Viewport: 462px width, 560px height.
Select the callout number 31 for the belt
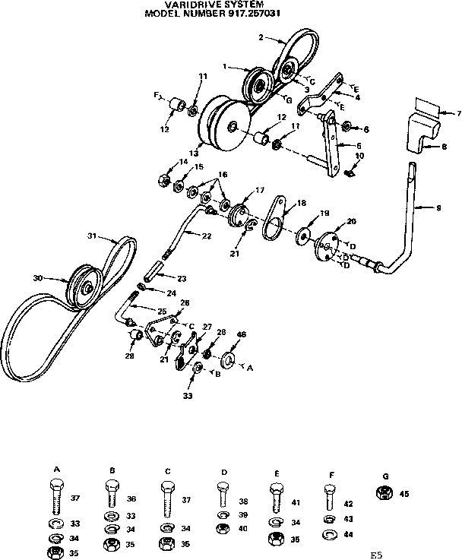coord(92,236)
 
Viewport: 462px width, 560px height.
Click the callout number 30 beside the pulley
coord(38,278)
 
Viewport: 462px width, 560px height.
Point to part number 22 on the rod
coord(207,236)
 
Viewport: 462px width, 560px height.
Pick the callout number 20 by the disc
coord(351,221)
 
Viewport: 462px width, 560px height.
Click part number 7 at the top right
coord(459,113)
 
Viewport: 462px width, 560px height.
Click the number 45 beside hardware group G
coord(404,493)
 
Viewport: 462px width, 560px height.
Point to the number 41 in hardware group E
coord(296,503)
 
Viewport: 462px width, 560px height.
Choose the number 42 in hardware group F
coord(349,503)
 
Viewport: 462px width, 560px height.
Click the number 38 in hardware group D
coord(242,501)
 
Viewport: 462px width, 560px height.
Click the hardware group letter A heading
coord(57,471)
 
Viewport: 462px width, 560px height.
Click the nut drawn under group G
coord(384,494)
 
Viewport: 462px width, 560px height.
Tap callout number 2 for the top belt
coord(261,36)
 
